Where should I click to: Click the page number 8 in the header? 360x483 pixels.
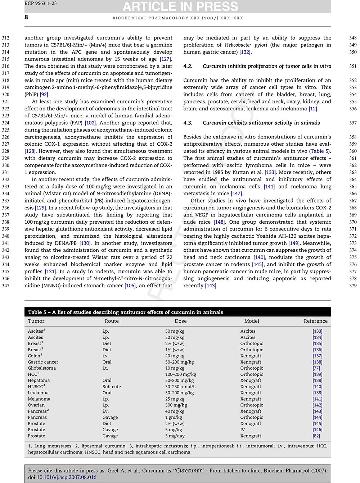tap(26, 17)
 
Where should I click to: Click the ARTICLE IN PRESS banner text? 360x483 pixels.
tap(180, 6)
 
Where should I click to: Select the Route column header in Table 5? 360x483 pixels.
tap(112, 321)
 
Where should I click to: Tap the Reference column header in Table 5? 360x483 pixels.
tap(315, 321)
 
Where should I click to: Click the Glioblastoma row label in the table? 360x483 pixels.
tap(42, 368)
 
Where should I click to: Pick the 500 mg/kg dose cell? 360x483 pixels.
tap(176, 405)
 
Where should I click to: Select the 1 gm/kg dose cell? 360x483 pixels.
tap(174, 417)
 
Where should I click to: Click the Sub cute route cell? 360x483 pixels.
tap(112, 387)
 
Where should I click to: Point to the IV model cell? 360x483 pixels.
tap(243, 429)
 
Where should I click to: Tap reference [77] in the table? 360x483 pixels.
tap(316, 368)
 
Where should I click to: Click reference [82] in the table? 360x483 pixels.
tap(316, 436)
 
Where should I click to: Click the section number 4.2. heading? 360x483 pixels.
tap(188, 66)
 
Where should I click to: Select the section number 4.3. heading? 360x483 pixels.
tap(188, 123)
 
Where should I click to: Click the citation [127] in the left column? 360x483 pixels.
tap(166, 59)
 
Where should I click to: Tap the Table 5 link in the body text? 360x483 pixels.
tap(319, 151)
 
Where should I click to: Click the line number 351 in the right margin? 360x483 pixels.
tap(353, 66)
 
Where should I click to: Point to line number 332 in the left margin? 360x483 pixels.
tap(6, 179)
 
